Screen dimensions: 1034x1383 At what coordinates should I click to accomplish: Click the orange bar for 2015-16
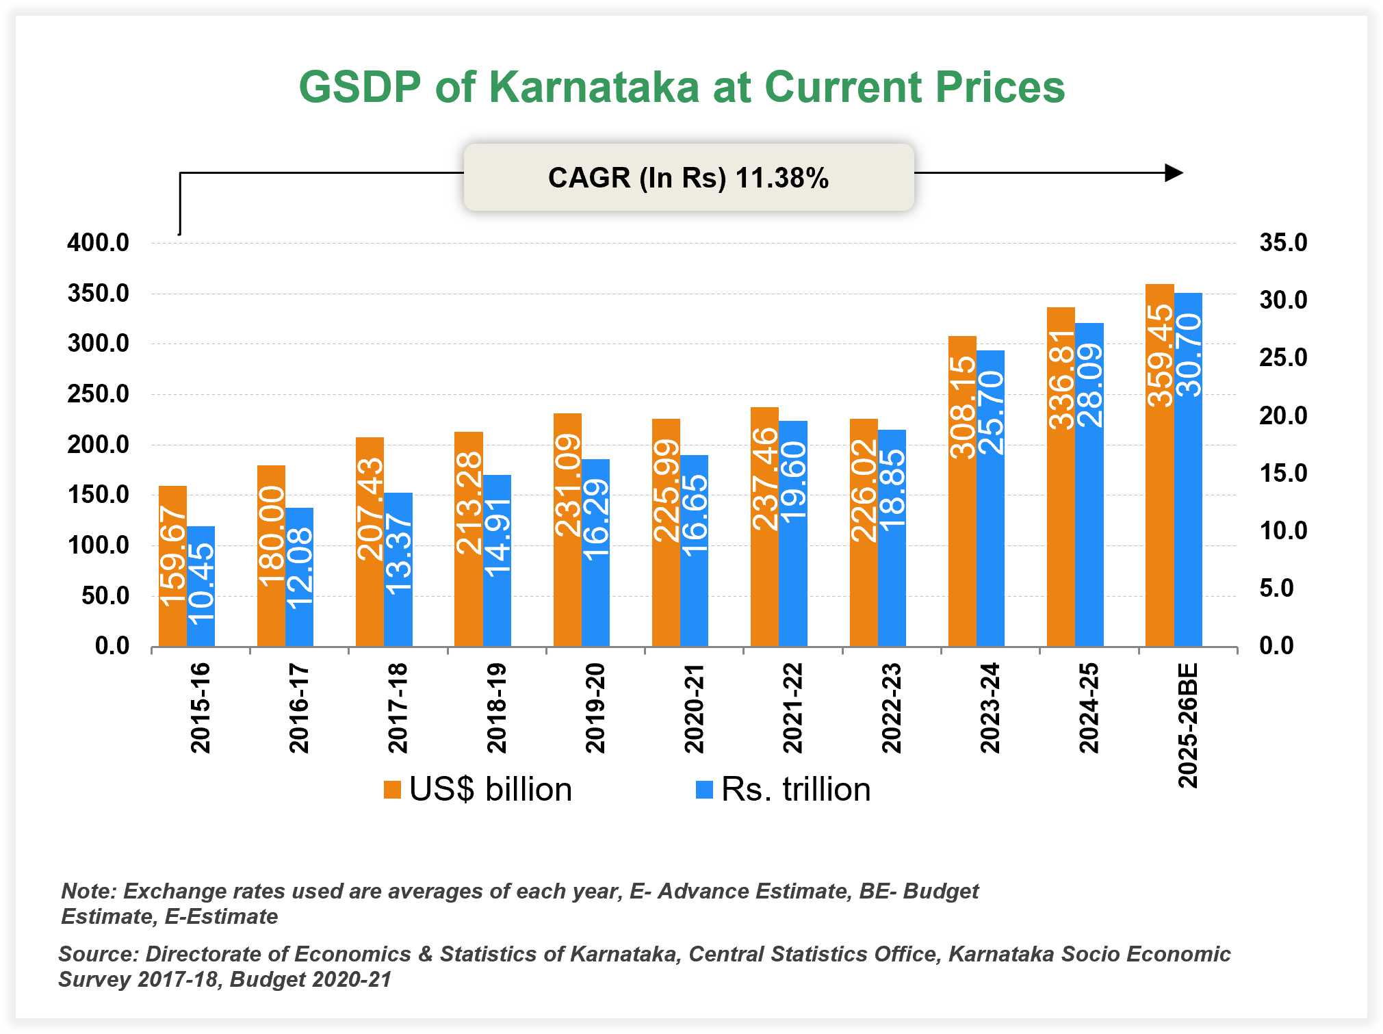coord(172,567)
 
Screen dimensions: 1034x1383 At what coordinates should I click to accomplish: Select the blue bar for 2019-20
coord(596,553)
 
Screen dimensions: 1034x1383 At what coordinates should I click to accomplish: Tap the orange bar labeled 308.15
coord(962,491)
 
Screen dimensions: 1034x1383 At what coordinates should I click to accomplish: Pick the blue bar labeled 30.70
coord(1189,469)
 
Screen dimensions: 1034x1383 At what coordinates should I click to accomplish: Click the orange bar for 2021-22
coord(764,527)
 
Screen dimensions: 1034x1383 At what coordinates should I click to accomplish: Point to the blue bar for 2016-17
coord(300,577)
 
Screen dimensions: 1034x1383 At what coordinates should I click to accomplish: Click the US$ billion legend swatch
coord(392,790)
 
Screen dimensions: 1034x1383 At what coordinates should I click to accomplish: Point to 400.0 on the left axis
coord(98,242)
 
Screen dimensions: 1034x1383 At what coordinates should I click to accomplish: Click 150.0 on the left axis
coord(98,495)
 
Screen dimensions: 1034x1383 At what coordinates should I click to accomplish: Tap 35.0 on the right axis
coord(1283,242)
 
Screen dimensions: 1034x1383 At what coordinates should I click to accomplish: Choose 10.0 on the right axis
coord(1283,530)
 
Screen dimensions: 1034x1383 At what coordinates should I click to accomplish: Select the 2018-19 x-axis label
coord(497,708)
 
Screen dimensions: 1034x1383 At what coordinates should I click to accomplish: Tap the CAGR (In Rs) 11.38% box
coord(688,177)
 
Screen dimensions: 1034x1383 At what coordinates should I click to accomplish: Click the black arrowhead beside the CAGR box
coord(1174,173)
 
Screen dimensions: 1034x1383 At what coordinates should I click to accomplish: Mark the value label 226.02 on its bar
coord(864,490)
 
